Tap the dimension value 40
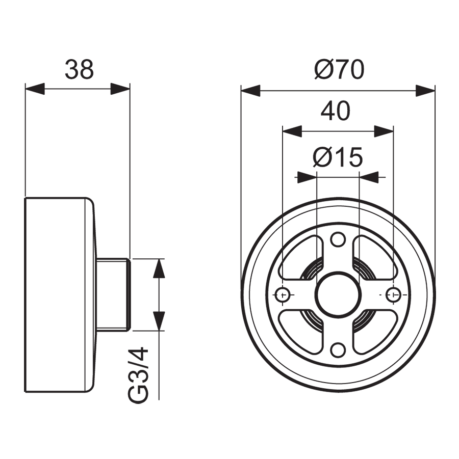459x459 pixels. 336,111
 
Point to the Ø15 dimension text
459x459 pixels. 338,157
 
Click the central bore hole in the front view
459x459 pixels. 338,294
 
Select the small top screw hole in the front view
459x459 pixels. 337,238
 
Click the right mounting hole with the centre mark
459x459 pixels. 393,294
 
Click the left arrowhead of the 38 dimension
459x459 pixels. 35,89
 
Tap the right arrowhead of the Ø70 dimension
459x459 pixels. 425,91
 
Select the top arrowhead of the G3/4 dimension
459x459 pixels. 160,268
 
